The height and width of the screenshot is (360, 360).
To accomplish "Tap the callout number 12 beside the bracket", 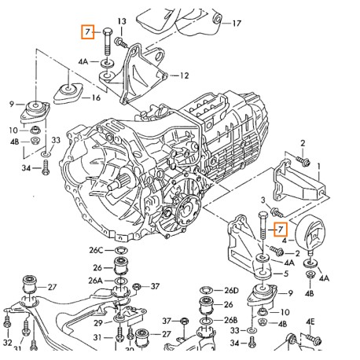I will pyautogui.click(x=184, y=76).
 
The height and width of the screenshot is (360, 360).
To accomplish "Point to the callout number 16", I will pyautogui.click(x=96, y=98).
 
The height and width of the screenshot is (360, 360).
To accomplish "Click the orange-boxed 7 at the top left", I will pyautogui.click(x=90, y=32).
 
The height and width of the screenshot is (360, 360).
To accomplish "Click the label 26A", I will pyautogui.click(x=96, y=280).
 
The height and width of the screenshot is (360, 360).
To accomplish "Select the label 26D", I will pyautogui.click(x=230, y=290).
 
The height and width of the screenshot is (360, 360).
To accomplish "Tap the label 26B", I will pyautogui.click(x=230, y=320).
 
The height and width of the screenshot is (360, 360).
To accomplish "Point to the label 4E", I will pyautogui.click(x=310, y=321).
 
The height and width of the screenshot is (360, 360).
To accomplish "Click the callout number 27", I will pyautogui.click(x=52, y=287).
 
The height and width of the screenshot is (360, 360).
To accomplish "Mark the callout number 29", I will pyautogui.click(x=97, y=322).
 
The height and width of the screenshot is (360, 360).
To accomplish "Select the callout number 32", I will pyautogui.click(x=7, y=343).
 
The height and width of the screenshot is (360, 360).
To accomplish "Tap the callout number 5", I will pyautogui.click(x=286, y=274).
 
